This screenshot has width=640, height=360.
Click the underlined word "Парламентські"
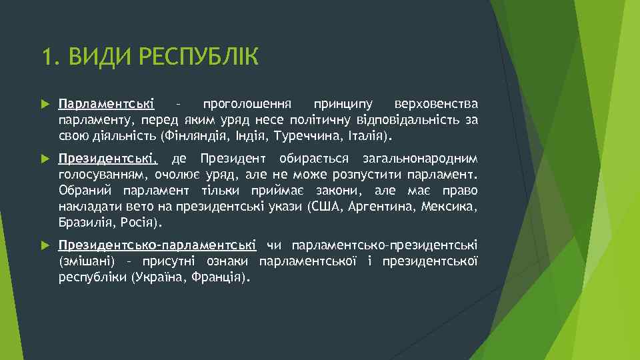[x=106, y=105]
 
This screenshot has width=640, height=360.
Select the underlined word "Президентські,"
[x=108, y=159]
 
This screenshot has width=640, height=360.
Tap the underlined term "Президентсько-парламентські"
[x=157, y=245]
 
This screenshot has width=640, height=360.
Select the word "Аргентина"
[x=381, y=207]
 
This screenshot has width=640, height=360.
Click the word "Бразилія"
[x=85, y=223]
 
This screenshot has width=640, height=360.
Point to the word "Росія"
[x=139, y=223]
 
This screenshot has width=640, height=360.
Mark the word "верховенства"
[x=436, y=105]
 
